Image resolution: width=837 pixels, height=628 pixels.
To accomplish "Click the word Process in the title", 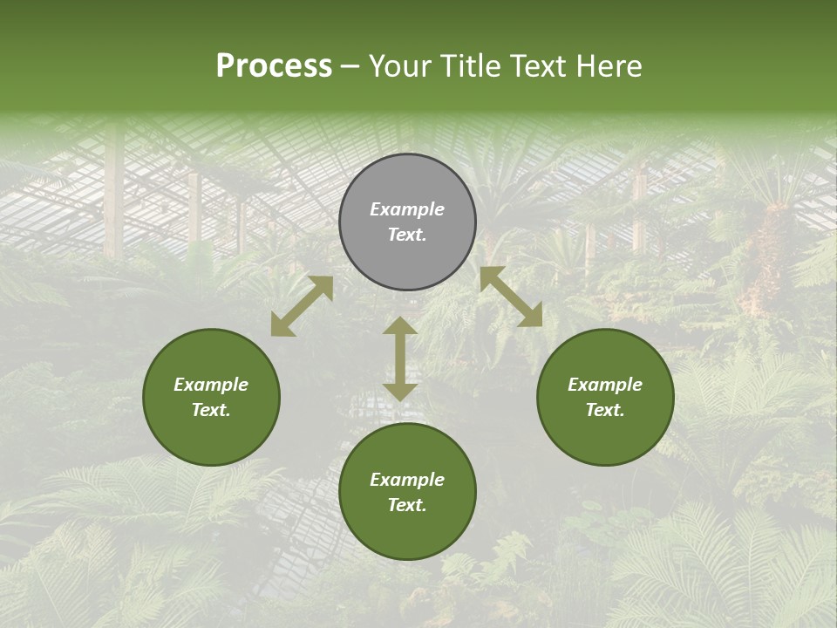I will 274,66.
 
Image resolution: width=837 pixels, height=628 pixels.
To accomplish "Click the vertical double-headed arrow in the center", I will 400,358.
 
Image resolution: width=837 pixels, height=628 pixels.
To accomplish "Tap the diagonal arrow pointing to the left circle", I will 302,305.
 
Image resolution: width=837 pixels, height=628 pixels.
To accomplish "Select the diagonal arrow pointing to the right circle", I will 511,297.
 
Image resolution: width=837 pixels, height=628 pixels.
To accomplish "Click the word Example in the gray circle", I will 407,209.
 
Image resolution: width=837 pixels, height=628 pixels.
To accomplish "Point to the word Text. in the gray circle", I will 407,235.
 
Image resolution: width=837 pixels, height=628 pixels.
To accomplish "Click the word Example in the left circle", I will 211,385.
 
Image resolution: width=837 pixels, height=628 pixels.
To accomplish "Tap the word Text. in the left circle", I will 211,410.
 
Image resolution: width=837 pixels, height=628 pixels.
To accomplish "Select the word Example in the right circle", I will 605,385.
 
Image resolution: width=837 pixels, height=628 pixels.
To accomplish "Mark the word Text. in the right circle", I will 605,410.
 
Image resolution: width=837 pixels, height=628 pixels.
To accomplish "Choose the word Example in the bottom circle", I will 407,480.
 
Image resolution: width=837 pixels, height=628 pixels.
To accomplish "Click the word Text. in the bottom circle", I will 407,505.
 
